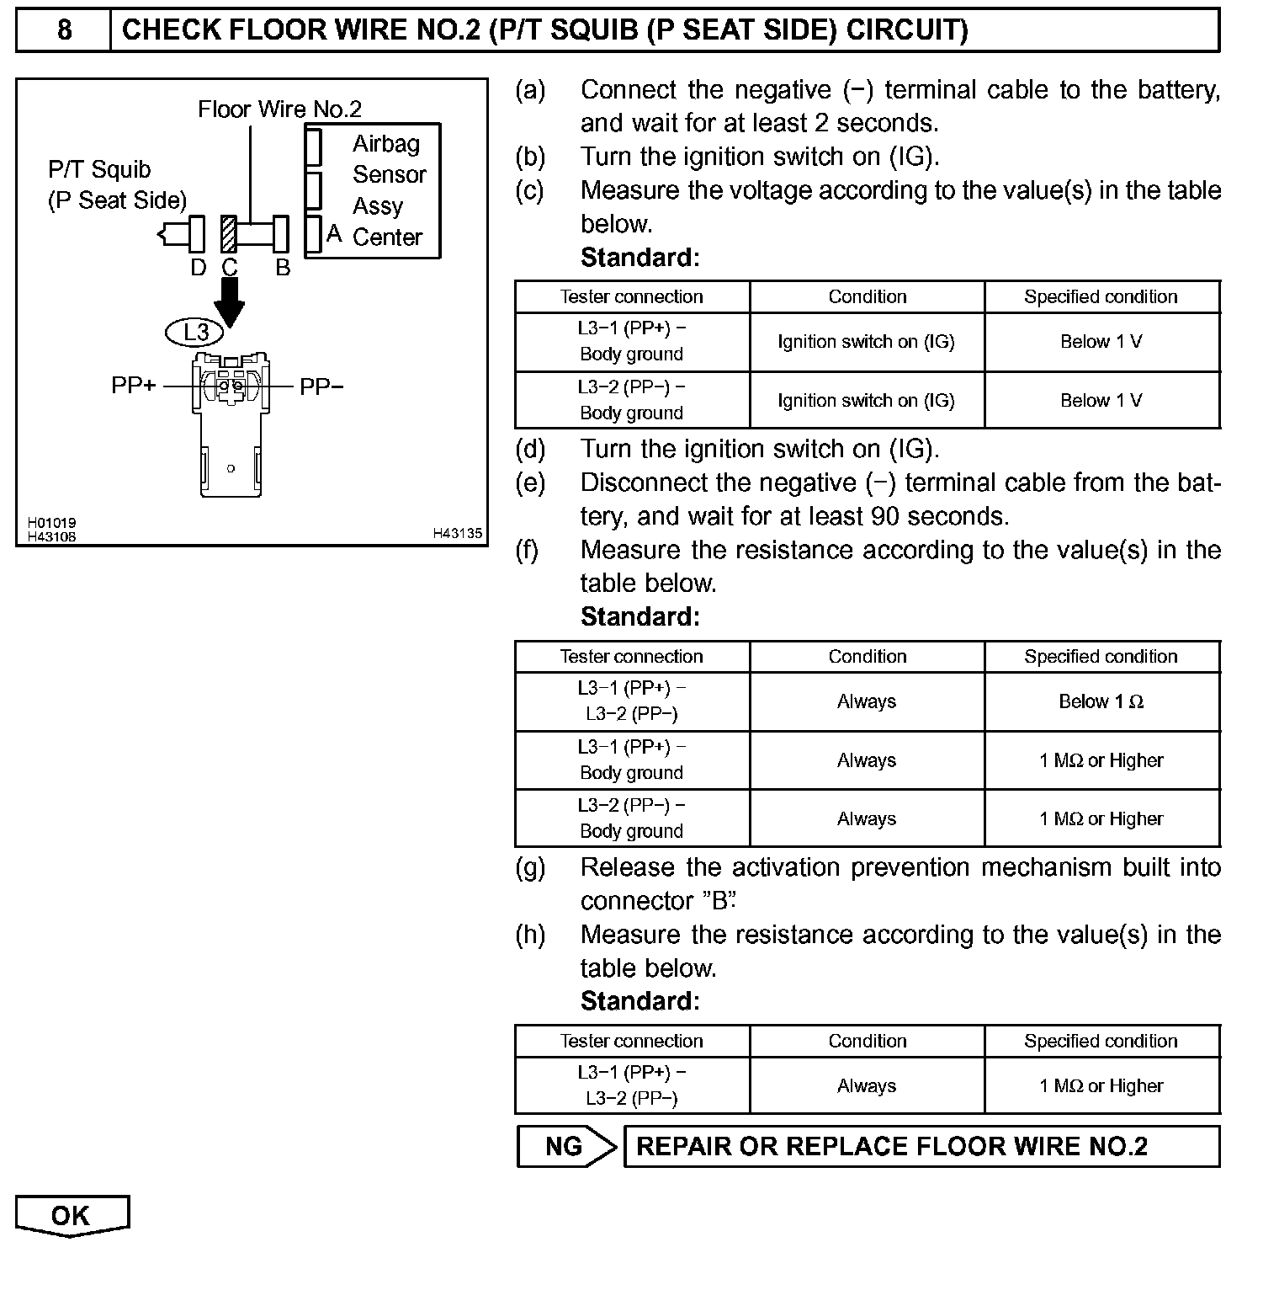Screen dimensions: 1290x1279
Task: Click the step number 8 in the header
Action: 64,30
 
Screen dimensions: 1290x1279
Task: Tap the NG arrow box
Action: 565,1146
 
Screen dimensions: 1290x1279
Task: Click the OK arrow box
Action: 72,1216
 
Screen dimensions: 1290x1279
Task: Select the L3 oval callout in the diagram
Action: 195,332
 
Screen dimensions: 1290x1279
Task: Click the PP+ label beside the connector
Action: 134,386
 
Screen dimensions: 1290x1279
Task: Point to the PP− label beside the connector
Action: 321,386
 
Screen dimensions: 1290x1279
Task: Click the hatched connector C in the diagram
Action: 228,233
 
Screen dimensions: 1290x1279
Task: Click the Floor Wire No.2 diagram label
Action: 279,109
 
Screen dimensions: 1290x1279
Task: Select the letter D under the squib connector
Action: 198,268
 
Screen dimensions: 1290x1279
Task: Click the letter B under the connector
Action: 283,268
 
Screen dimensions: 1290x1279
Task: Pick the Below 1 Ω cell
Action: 1101,701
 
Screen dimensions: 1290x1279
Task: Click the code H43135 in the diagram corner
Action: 458,533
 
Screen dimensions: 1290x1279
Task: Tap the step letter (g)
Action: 530,867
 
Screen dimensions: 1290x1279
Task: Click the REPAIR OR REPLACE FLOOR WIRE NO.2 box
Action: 921,1146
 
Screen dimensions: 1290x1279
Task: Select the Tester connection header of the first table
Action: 631,296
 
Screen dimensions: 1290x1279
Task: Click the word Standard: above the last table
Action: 639,1000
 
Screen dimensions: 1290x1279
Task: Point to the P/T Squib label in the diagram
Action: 99,169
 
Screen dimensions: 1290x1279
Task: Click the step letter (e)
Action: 530,482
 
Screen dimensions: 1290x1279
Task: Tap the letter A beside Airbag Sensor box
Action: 334,232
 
